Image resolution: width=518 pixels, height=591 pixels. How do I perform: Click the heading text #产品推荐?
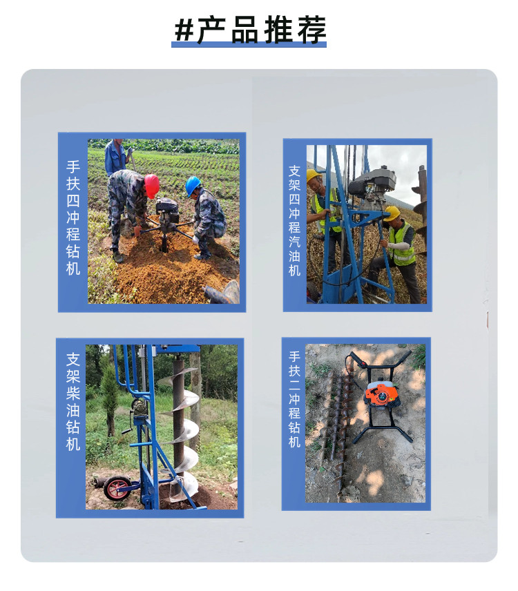tap(250, 30)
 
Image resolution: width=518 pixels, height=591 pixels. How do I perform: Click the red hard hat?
tap(151, 185)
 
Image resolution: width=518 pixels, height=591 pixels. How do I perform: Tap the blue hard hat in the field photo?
tap(193, 186)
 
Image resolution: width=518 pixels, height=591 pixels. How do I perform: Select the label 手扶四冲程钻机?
tap(73, 218)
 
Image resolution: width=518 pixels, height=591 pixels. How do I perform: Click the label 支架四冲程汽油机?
tap(294, 220)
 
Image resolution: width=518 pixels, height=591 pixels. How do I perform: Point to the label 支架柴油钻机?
tap(73, 401)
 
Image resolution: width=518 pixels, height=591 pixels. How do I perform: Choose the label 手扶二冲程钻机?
tap(294, 399)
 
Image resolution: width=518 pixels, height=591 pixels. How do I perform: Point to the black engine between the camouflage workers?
tap(167, 211)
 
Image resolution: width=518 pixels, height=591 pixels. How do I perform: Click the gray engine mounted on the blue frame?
tap(373, 187)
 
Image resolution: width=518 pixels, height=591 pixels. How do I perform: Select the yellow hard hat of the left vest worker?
tap(313, 175)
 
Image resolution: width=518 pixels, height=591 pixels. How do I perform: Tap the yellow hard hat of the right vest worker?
tap(392, 213)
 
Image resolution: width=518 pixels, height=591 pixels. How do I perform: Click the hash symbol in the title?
tap(184, 30)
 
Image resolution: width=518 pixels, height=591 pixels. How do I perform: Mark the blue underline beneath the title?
tap(249, 44)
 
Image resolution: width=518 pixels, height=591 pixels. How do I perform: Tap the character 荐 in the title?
tap(311, 30)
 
